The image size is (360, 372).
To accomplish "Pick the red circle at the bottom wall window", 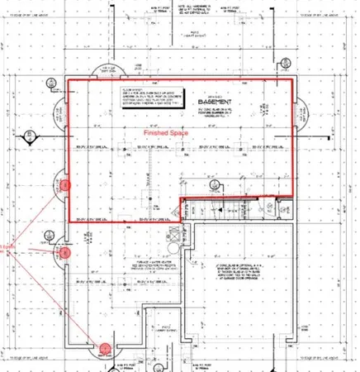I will point(107,349).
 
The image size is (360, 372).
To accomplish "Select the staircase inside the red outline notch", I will point(231,207).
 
